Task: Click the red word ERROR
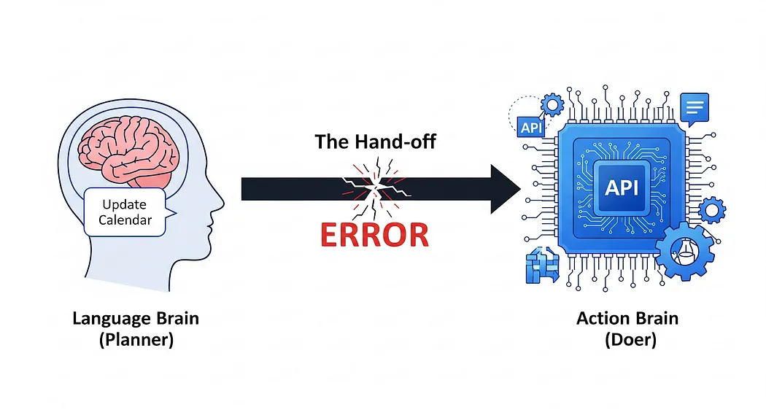point(374,235)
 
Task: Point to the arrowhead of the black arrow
point(506,189)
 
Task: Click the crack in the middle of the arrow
point(376,188)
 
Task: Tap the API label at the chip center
point(622,187)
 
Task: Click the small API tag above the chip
point(530,128)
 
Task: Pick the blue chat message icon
point(695,108)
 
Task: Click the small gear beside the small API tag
point(552,106)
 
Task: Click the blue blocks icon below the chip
point(541,264)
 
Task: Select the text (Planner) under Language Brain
point(136,340)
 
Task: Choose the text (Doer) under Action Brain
point(630,340)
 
